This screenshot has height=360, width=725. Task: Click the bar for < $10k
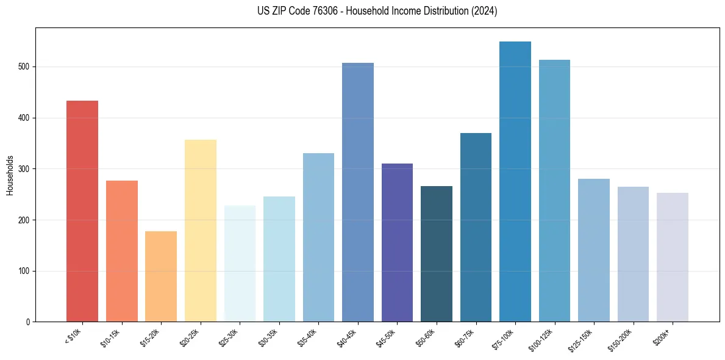[82, 211]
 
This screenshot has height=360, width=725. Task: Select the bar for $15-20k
[161, 276]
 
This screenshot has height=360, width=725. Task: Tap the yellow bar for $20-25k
[201, 231]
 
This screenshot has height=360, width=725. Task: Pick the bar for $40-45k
[358, 192]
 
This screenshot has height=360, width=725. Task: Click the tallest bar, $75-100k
[515, 182]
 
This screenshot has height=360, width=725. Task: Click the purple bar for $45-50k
[397, 243]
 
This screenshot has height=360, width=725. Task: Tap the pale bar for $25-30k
[240, 264]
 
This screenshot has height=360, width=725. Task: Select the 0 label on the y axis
[28, 322]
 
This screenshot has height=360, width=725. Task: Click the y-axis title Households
[10, 175]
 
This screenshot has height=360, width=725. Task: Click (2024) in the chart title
[484, 11]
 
